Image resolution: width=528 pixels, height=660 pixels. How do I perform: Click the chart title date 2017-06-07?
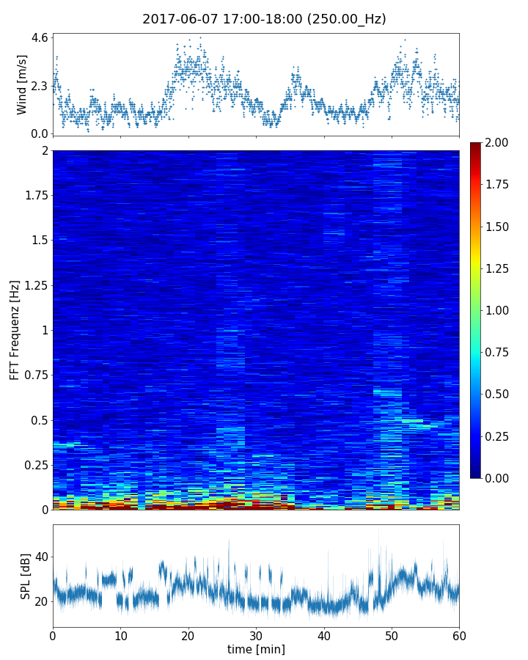(x=178, y=19)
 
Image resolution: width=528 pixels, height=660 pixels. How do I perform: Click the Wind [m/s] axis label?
(x=22, y=84)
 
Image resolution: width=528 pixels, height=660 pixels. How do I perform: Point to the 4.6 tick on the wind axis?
(x=40, y=37)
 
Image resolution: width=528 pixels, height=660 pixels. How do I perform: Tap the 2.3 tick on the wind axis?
(x=40, y=86)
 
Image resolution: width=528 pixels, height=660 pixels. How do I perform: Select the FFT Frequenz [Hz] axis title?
(x=15, y=329)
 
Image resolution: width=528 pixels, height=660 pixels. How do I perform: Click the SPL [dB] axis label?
(x=26, y=575)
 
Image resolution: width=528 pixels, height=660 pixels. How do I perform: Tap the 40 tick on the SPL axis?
(x=41, y=557)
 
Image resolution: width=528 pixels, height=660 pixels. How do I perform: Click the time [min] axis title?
(x=256, y=649)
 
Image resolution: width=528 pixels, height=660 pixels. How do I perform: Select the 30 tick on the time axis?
(x=256, y=634)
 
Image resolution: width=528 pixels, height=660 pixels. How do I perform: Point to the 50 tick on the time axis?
(x=392, y=634)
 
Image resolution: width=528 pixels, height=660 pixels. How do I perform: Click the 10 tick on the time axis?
(x=120, y=634)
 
